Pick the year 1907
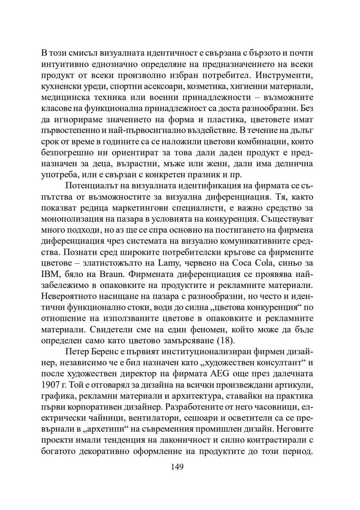pyautogui.click(x=50, y=385)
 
